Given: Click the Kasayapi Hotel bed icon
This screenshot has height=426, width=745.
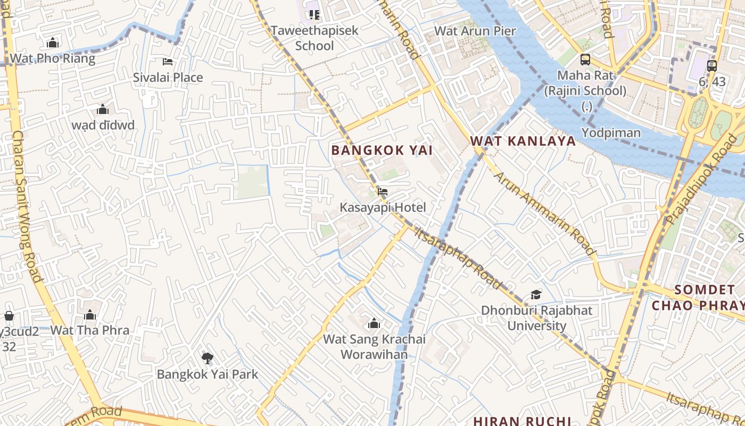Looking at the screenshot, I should tap(382, 192).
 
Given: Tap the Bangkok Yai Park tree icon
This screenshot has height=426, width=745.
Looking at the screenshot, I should tap(207, 358).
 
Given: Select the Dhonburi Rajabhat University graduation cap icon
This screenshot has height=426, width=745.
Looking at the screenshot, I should tap(536, 294).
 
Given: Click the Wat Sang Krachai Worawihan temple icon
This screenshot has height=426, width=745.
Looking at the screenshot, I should tap(374, 323).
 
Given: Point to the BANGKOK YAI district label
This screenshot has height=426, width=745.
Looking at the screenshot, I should tap(382, 150).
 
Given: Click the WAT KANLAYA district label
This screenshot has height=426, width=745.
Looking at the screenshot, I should tap(523, 141).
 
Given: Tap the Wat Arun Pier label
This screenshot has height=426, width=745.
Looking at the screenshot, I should tap(475, 31).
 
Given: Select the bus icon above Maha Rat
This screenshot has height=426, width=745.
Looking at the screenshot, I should tap(585, 59).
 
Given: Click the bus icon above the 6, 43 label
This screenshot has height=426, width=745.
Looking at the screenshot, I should tap(712, 65).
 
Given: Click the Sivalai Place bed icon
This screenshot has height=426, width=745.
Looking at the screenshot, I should tap(168, 62).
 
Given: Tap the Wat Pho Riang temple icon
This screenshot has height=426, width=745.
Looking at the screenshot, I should tap(53, 43).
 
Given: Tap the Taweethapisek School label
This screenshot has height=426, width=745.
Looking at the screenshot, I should tap(314, 38).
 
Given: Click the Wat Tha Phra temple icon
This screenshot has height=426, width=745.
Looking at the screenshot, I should tap(90, 315).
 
